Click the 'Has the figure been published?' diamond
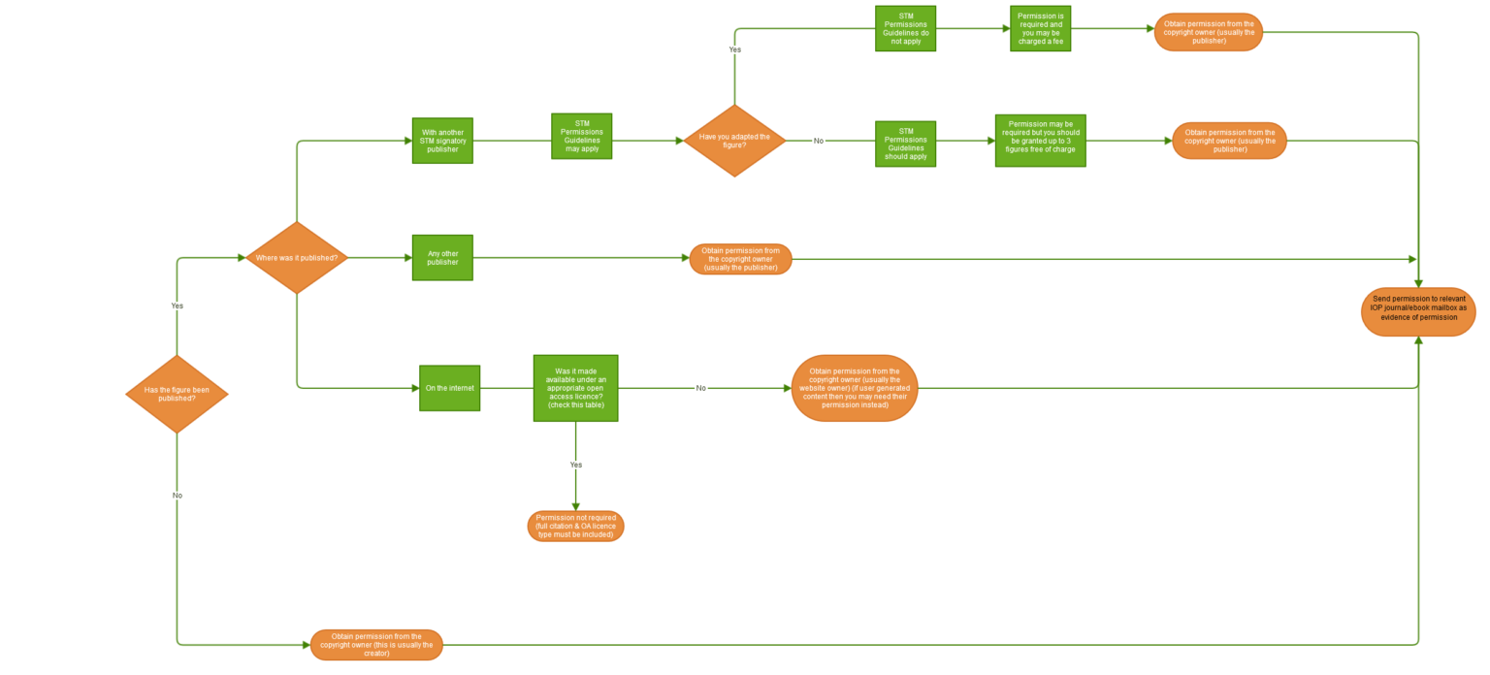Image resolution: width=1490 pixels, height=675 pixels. pyautogui.click(x=177, y=394)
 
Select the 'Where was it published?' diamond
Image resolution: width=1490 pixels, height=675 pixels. pyautogui.click(x=296, y=258)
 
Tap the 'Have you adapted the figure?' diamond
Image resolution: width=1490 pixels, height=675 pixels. pyautogui.click(x=734, y=141)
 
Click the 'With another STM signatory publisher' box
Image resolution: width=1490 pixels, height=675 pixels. pyautogui.click(x=442, y=141)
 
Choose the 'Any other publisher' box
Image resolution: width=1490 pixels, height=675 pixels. pyautogui.click(x=442, y=257)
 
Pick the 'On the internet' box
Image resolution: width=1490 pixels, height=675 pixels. pyautogui.click(x=449, y=388)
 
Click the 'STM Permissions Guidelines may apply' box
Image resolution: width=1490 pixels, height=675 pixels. pyautogui.click(x=581, y=136)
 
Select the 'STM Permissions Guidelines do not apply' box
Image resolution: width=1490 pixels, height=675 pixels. pyautogui.click(x=905, y=28)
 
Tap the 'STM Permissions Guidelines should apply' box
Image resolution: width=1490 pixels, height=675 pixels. pyautogui.click(x=905, y=144)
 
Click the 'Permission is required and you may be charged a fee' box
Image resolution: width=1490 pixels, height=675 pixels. pyautogui.click(x=1040, y=28)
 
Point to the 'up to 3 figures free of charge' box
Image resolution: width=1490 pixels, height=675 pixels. pyautogui.click(x=1040, y=141)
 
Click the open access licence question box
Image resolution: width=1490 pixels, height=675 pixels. pyautogui.click(x=575, y=388)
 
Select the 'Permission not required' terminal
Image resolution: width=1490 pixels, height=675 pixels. pyautogui.click(x=575, y=526)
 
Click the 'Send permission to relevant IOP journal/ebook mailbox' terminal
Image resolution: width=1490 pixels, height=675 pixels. pyautogui.click(x=1418, y=311)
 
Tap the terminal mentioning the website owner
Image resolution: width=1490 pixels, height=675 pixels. pyautogui.click(x=854, y=388)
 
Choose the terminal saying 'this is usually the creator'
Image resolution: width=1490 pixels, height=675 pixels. pyautogui.click(x=376, y=644)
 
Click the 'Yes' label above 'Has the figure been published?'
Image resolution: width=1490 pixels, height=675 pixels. pyautogui.click(x=177, y=305)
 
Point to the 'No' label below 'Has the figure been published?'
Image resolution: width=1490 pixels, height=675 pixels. pyautogui.click(x=177, y=495)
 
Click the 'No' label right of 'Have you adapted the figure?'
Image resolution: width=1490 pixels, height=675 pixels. pyautogui.click(x=818, y=141)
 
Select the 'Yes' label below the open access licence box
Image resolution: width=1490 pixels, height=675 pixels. pyautogui.click(x=575, y=465)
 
